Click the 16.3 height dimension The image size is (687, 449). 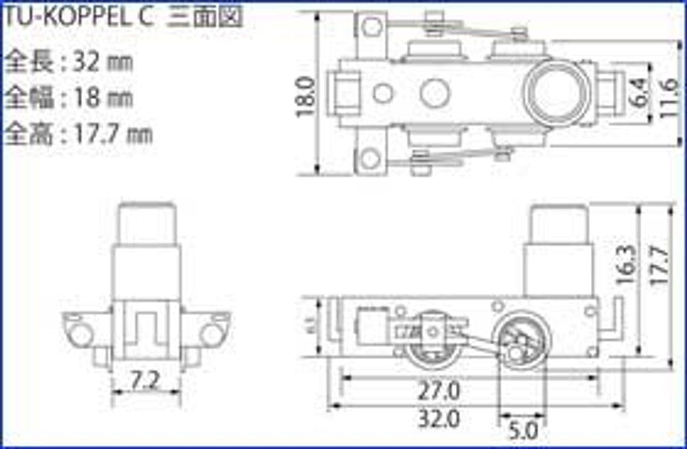tap(626, 265)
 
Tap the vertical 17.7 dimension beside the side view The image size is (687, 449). tap(661, 265)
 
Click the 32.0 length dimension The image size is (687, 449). tap(439, 419)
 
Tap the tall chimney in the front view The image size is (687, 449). tap(146, 252)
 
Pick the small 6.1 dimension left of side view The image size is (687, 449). tap(311, 326)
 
